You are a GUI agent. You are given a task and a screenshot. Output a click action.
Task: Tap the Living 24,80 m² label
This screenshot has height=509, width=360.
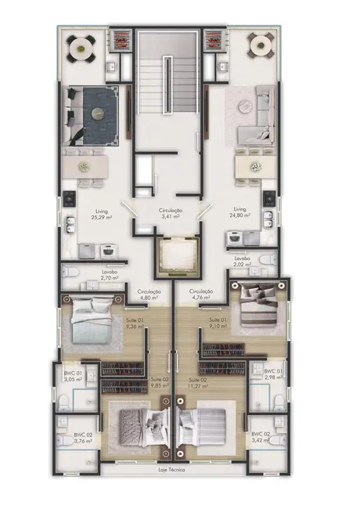(x=239, y=214)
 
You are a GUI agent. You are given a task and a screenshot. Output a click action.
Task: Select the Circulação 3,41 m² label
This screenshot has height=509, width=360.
(x=171, y=215)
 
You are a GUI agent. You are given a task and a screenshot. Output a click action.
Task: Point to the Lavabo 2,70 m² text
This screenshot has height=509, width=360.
(x=110, y=275)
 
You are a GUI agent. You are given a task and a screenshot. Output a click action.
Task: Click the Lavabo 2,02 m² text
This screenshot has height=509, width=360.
(x=242, y=261)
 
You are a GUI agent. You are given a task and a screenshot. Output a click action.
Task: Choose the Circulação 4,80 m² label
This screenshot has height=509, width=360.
(x=149, y=294)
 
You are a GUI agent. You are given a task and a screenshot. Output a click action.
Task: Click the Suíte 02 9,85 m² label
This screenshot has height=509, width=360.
(x=160, y=382)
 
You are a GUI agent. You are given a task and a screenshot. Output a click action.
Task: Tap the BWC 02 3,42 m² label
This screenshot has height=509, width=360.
(x=261, y=437)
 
